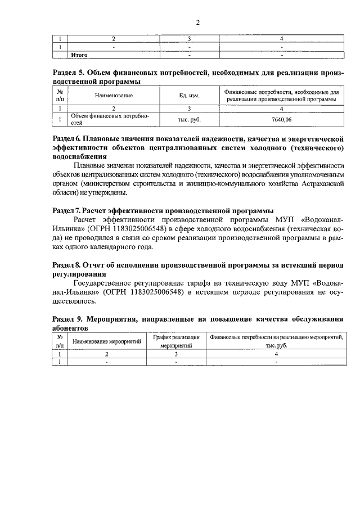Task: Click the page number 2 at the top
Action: point(197,22)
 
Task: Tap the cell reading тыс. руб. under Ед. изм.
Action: point(189,119)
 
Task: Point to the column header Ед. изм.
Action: point(189,95)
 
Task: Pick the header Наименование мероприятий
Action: point(106,341)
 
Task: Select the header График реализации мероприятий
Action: point(176,341)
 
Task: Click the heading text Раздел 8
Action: point(67,264)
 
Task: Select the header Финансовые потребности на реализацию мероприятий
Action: point(276,341)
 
